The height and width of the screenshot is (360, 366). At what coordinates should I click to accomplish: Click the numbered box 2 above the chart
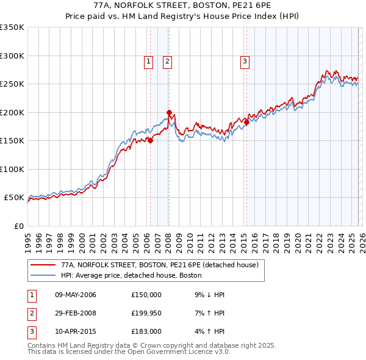pos(167,61)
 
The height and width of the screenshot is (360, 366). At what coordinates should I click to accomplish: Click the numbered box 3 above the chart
pos(245,61)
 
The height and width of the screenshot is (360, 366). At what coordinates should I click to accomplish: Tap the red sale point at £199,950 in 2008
pos(169,112)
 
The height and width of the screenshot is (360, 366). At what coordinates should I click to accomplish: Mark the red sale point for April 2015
pos(246,122)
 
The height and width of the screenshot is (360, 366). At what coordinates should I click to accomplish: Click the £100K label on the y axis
pos(12,169)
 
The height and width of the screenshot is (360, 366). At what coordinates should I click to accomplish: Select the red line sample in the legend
pos(43,265)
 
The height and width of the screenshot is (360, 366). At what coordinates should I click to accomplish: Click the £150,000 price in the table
pos(146,295)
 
